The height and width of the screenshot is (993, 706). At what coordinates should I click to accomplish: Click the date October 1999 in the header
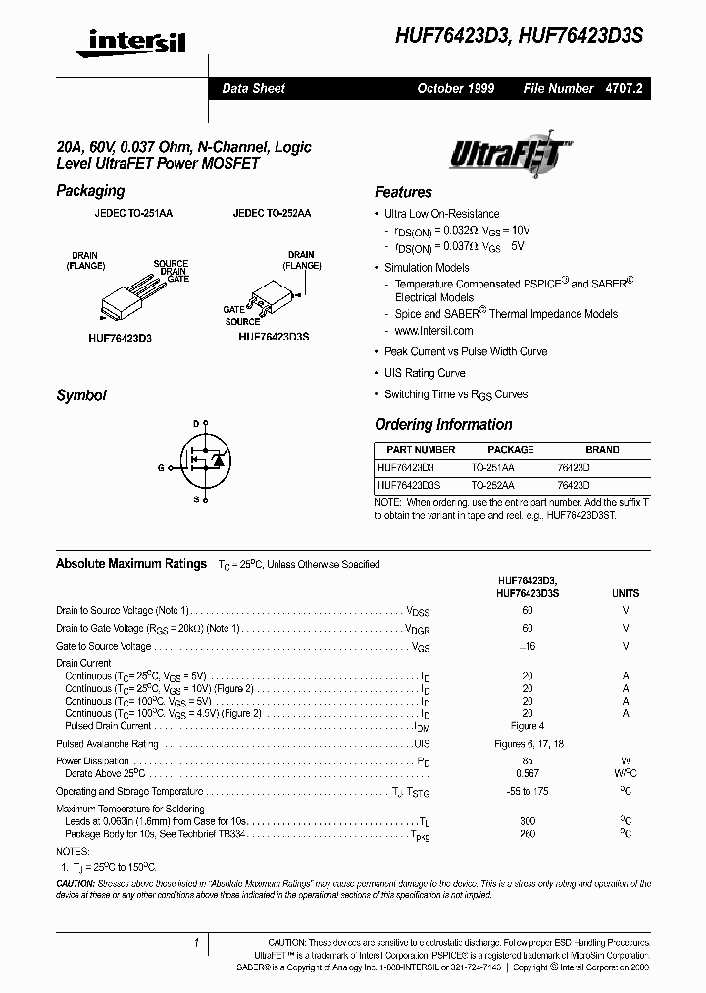[455, 88]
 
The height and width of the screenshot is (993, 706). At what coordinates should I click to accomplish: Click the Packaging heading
[90, 191]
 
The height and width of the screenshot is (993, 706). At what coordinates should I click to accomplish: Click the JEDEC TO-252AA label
[272, 213]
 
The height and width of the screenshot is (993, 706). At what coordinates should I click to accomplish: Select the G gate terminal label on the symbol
[160, 468]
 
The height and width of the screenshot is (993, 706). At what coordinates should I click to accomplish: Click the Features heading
[403, 192]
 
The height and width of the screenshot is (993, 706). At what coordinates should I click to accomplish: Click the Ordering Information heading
[443, 424]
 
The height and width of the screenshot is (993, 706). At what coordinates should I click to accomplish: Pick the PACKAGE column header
[511, 449]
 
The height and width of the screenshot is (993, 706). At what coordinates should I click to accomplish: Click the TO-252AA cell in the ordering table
[492, 485]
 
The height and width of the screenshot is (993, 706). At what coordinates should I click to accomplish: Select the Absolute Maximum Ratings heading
[131, 564]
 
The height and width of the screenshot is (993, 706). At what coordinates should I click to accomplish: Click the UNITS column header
[625, 593]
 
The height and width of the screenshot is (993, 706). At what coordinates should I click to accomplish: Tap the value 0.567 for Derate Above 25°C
[528, 774]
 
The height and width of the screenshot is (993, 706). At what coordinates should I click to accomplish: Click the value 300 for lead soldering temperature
[528, 819]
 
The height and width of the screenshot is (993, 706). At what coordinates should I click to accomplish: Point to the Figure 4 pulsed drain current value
[528, 726]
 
